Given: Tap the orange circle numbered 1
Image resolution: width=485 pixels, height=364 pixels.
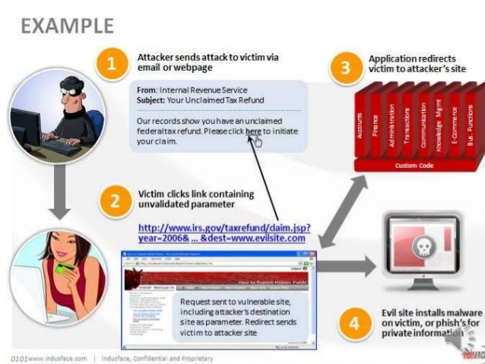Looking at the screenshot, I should click(x=112, y=65).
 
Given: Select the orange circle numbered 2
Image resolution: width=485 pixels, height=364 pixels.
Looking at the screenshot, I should click(x=115, y=201).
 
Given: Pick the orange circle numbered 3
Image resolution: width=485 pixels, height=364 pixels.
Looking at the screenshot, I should click(x=345, y=68).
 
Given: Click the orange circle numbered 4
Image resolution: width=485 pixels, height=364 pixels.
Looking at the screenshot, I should click(x=353, y=323).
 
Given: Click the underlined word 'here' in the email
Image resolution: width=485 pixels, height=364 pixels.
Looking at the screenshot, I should click(x=253, y=131).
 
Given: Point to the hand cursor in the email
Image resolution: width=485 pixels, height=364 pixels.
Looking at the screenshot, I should click(x=258, y=141).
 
